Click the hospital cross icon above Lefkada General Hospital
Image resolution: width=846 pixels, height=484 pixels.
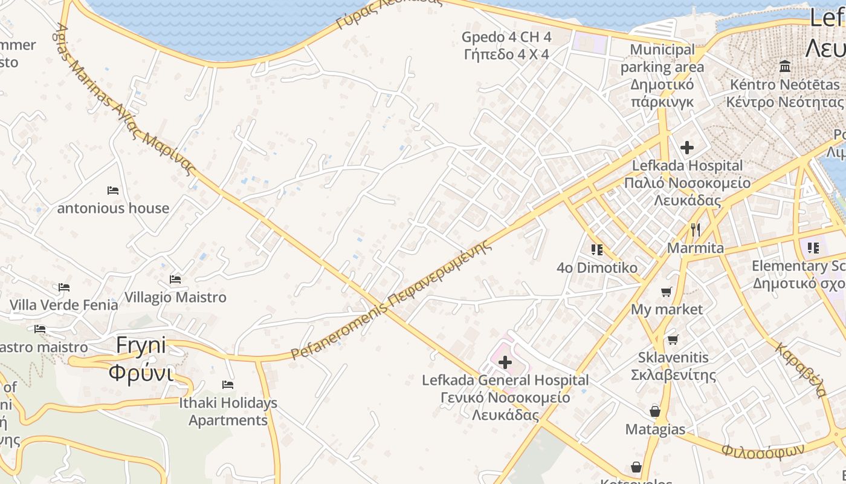coord(505,363)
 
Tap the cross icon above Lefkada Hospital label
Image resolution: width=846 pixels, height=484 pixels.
coord(687,147)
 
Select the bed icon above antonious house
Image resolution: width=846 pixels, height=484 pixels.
coord(113,191)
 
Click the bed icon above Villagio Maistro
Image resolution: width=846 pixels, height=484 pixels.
coord(175,280)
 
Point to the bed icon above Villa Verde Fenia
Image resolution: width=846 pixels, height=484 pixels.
coord(64,287)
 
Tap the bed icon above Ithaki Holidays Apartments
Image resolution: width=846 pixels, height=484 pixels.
coord(228,385)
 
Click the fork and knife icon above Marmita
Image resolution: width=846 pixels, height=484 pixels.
coord(696,230)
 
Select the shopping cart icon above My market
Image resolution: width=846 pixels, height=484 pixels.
coord(667,292)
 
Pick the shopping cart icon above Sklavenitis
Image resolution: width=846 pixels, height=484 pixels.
coord(673,339)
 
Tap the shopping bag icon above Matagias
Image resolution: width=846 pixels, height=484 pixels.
coord(655,412)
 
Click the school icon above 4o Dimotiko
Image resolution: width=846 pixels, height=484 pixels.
coord(597,249)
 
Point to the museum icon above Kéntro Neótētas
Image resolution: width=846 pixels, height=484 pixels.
coord(785,66)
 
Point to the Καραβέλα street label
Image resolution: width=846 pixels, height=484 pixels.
coord(801,370)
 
